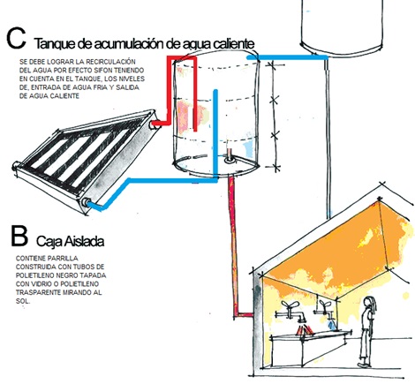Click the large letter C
[16, 38]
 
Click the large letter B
[19, 236]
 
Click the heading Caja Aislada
[70, 241]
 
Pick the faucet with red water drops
[293, 315]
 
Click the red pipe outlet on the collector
[155, 124]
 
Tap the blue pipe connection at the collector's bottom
[87, 202]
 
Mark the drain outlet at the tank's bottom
[229, 160]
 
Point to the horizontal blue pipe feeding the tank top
[287, 56]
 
